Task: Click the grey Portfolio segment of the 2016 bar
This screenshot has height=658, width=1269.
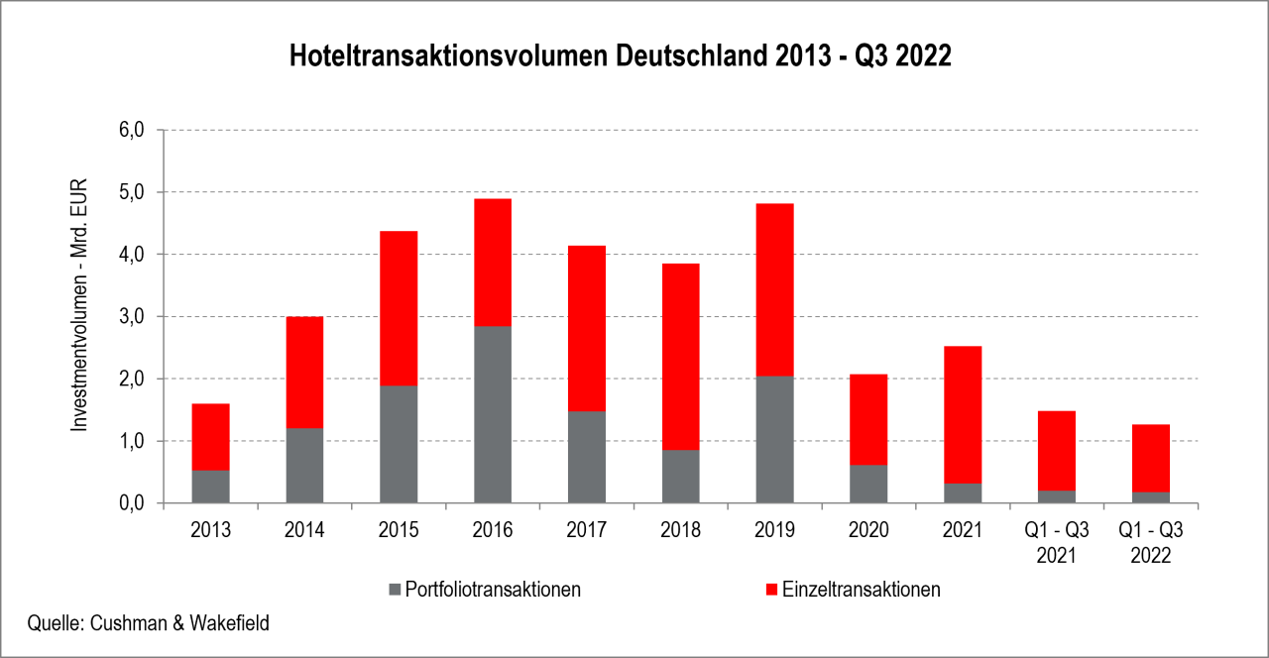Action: [x=493, y=414]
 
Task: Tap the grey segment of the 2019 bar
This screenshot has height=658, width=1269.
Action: [x=774, y=439]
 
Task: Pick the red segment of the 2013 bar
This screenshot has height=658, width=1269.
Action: [x=210, y=437]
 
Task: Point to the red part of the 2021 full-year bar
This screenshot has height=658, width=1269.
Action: [x=963, y=414]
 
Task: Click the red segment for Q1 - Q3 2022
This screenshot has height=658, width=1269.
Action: [x=1151, y=458]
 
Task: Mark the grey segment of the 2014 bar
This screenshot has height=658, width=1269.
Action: [x=304, y=466]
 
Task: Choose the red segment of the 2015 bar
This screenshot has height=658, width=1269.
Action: [x=399, y=308]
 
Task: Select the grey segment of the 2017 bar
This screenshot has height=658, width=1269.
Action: [x=587, y=457]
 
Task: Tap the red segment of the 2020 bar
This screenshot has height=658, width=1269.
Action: [x=868, y=419]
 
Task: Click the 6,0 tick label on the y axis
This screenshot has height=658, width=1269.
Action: [x=133, y=130]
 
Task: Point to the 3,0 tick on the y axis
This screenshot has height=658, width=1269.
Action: [x=133, y=317]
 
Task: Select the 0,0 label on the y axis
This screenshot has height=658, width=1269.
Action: [x=133, y=503]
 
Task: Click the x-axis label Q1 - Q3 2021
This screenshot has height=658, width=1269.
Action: [x=1057, y=543]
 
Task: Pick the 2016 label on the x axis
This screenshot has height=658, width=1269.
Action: [x=493, y=530]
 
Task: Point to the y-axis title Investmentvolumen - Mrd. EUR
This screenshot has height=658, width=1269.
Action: [x=80, y=304]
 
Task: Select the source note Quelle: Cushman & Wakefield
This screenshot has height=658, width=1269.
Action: [x=149, y=623]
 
